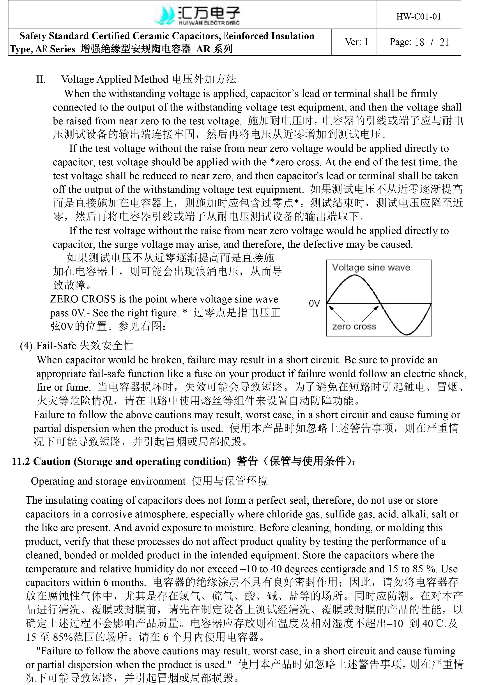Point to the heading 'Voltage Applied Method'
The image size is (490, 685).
[x=115, y=79]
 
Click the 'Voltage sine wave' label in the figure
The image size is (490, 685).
[x=371, y=268]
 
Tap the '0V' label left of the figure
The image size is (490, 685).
[x=314, y=303]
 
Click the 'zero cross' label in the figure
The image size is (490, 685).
[x=354, y=327]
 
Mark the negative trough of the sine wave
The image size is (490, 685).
[x=407, y=334]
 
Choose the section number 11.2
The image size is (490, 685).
[x=21, y=461]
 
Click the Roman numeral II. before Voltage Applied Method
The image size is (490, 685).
[x=41, y=79]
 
